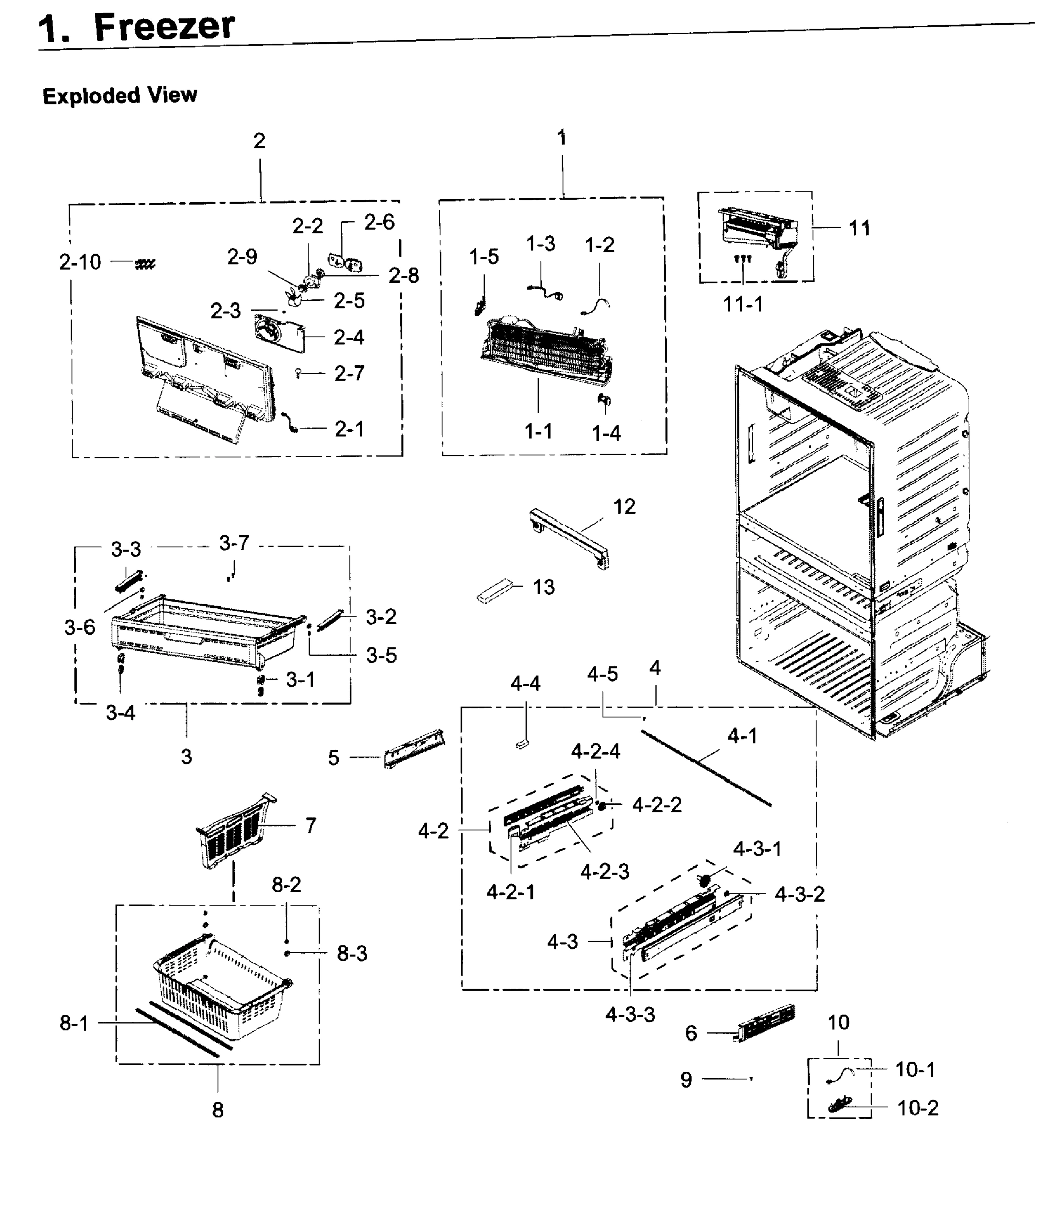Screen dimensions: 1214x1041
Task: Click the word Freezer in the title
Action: click(x=164, y=26)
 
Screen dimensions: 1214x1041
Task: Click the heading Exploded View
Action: click(x=119, y=96)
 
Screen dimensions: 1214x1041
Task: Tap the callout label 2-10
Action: click(x=80, y=262)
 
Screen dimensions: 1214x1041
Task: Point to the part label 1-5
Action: click(x=484, y=256)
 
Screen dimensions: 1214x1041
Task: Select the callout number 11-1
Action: click(x=743, y=304)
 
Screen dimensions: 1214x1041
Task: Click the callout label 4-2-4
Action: click(x=595, y=751)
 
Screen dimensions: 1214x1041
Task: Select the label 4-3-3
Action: click(x=630, y=1014)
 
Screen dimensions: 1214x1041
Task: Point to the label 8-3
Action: click(x=352, y=953)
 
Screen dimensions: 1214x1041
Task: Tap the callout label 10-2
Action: click(x=918, y=1108)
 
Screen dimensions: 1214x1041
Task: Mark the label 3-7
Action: click(x=234, y=543)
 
